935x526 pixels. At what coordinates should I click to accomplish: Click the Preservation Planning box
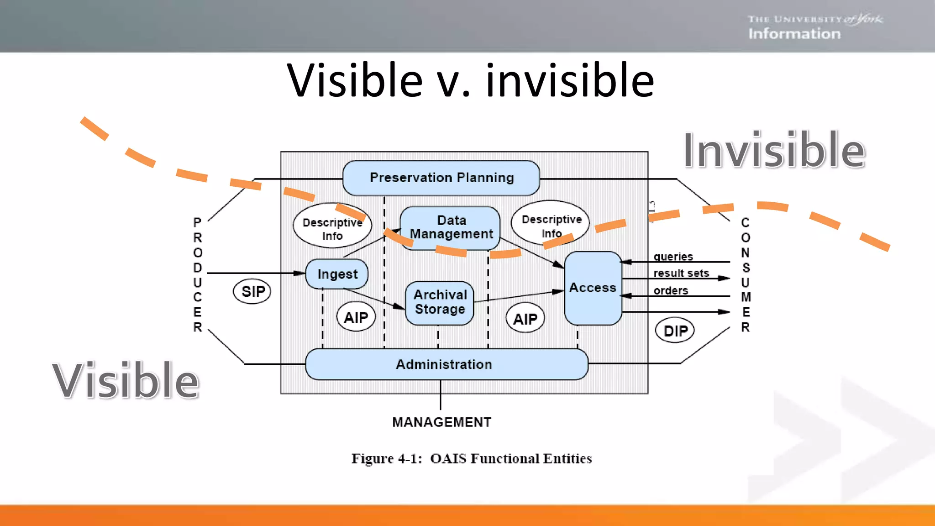(441, 178)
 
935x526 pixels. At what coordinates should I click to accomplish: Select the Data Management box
(450, 227)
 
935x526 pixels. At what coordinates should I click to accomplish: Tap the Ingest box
(337, 274)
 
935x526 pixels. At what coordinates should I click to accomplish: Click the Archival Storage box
(440, 302)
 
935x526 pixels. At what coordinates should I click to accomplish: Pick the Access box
(593, 288)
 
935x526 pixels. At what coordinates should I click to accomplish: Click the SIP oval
(252, 291)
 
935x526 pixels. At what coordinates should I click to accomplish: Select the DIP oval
(675, 331)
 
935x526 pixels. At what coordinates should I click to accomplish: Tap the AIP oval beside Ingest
(356, 317)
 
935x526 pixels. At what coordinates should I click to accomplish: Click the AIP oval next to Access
(525, 318)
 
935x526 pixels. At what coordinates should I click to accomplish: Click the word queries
(673, 257)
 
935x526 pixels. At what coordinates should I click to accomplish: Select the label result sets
(681, 273)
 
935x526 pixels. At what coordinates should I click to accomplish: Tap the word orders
(670, 290)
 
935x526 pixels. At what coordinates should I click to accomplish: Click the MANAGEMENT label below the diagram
(441, 422)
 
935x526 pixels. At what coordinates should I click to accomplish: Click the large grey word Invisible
(773, 151)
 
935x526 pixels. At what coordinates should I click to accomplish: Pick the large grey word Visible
(126, 380)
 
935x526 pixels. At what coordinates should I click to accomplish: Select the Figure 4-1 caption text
(471, 458)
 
